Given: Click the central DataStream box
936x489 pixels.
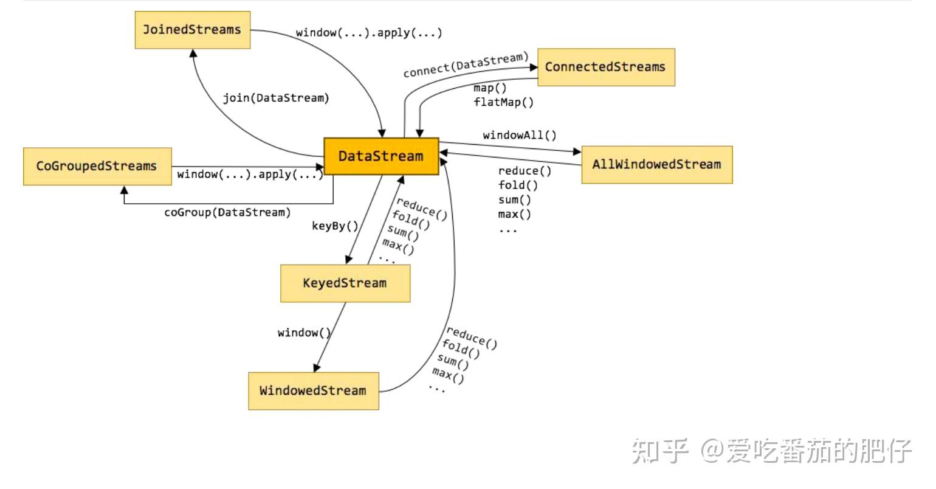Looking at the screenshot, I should (380, 156).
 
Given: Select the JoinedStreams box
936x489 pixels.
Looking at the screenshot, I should (192, 30).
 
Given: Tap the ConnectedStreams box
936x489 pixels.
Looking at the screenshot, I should (605, 67).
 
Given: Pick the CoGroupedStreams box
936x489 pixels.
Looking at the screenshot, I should (97, 166).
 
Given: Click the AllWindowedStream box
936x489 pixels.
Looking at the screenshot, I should (656, 164).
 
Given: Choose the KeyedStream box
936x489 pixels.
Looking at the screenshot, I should (345, 283).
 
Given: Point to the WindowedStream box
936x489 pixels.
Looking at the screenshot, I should (313, 390).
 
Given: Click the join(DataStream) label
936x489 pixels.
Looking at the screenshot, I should (275, 98).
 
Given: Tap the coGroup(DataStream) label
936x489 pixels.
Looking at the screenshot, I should (227, 212).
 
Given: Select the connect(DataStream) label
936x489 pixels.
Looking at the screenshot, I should (466, 65).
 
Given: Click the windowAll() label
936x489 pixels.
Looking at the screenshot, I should (519, 135).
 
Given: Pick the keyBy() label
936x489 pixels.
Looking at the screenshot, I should (335, 226).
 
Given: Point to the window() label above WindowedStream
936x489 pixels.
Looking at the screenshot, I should (304, 333).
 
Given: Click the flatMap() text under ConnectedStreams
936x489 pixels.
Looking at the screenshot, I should (503, 102).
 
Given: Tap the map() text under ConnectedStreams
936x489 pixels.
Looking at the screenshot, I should (490, 88).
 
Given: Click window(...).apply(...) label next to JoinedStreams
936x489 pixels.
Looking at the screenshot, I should (369, 33).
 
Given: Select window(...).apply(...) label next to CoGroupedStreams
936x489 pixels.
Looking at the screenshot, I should (250, 175).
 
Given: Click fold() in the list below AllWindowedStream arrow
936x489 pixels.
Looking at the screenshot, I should (518, 186).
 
